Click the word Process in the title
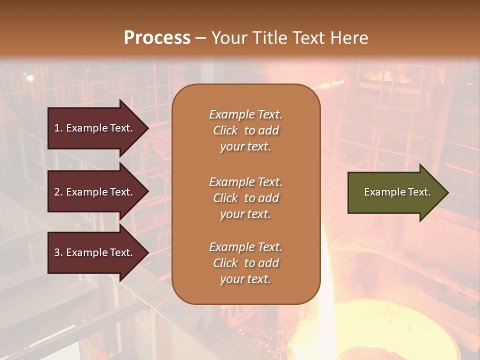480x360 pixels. click(157, 38)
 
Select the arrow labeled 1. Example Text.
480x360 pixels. click(95, 128)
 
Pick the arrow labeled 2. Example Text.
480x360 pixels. click(95, 192)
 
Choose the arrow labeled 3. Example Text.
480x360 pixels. click(95, 252)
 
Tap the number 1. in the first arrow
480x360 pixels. click(58, 128)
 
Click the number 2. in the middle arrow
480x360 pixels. click(58, 192)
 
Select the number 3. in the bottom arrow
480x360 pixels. click(58, 252)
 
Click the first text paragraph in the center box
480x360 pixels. click(245, 130)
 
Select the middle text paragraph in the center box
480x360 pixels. click(245, 198)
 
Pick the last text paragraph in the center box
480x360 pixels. click(245, 263)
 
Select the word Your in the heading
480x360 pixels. click(228, 38)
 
